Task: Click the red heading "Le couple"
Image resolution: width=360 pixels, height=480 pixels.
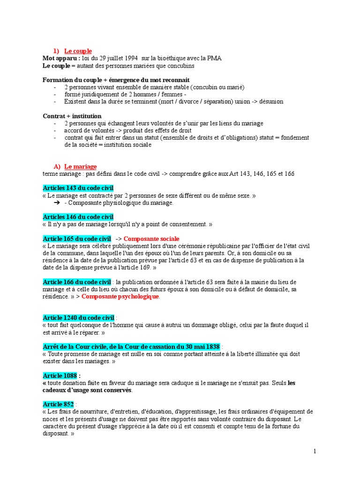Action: point(78,51)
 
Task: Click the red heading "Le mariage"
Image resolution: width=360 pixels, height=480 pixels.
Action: point(80,166)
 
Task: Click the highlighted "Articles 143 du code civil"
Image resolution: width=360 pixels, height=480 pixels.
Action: point(78,188)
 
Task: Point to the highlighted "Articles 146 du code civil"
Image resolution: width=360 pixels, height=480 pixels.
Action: point(78,217)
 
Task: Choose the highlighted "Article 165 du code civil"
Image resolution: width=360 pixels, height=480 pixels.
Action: point(77,239)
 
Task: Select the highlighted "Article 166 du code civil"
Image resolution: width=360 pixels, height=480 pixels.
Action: point(77,282)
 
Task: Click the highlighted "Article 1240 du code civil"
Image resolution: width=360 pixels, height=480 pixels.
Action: point(79,318)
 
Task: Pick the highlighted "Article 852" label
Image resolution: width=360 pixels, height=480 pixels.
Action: point(58,405)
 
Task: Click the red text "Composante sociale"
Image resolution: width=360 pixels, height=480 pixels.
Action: point(151,239)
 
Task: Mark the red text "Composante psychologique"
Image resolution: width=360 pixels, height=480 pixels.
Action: point(121,297)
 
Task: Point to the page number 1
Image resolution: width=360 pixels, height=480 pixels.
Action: point(315,451)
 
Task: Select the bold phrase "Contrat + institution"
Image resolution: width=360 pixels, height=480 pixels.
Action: point(72,116)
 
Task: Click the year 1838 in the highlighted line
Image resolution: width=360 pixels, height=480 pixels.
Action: point(209,347)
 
